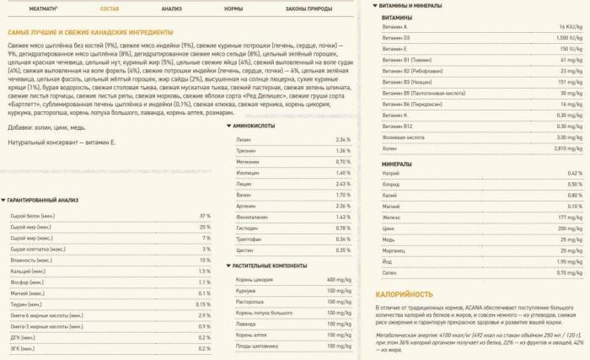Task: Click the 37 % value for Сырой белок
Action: tap(203, 216)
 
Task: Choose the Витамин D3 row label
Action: tap(394, 39)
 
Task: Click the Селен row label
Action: tap(389, 272)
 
